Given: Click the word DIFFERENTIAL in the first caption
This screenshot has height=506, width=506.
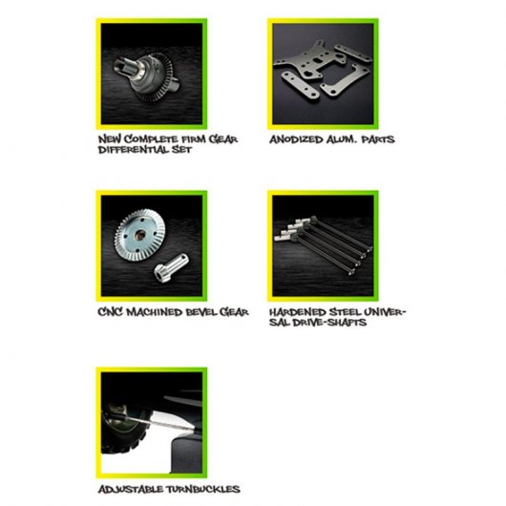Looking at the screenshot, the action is pyautogui.click(x=133, y=150).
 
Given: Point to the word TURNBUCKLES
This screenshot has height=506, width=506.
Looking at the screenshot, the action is pyautogui.click(x=203, y=489).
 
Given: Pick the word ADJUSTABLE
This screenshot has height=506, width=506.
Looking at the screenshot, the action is pyautogui.click(x=131, y=489).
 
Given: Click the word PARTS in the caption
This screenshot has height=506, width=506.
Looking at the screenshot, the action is pyautogui.click(x=377, y=139).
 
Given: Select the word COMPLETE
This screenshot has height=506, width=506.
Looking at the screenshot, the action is pyautogui.click(x=151, y=139).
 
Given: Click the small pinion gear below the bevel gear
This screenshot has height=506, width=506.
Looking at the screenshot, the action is pyautogui.click(x=171, y=268).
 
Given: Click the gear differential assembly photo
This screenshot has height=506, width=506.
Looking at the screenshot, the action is pyautogui.click(x=152, y=74).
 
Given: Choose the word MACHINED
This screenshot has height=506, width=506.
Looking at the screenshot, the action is pyautogui.click(x=155, y=312).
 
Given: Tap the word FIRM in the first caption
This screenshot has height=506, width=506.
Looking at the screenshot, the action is pyautogui.click(x=193, y=139).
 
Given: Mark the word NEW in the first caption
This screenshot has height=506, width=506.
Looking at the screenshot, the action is pyautogui.click(x=110, y=139).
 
